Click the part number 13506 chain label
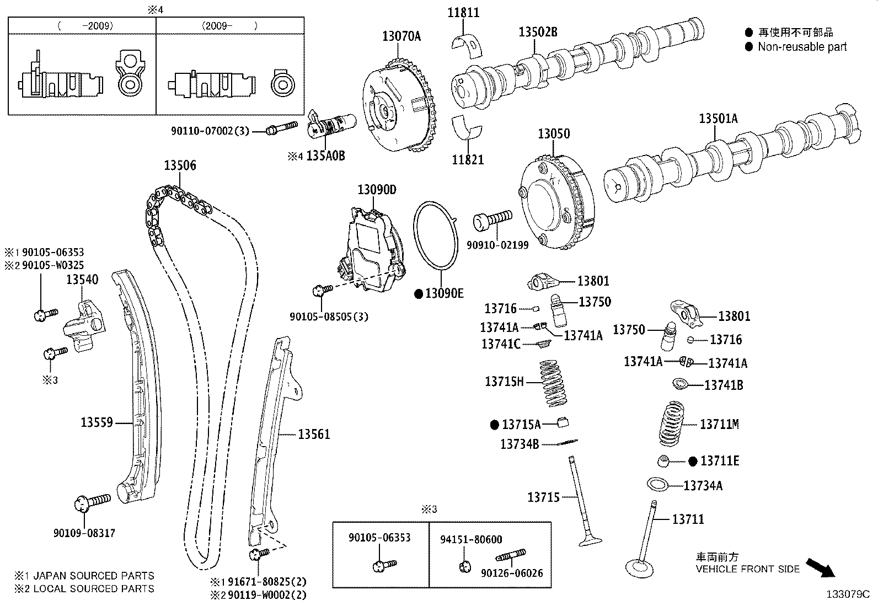(180, 165)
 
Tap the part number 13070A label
(401, 36)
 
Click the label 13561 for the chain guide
(314, 434)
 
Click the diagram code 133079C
(847, 594)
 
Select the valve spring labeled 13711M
(672, 423)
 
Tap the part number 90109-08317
(84, 533)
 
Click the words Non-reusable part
(802, 47)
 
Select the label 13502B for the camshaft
(537, 32)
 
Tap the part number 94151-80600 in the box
(471, 539)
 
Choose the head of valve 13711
(640, 567)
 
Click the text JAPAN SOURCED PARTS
(94, 576)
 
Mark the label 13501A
(718, 118)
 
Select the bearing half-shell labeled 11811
(468, 44)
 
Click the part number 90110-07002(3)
(210, 131)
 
